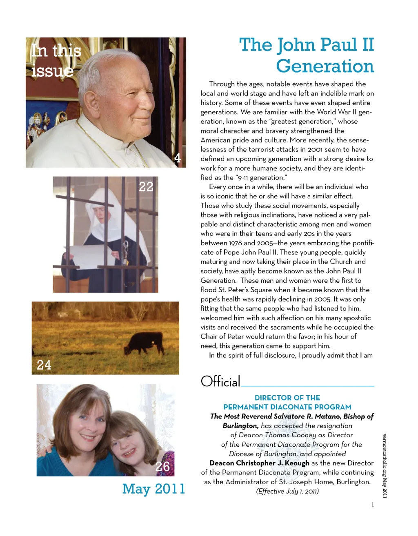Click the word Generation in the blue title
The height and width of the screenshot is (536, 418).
(x=325, y=66)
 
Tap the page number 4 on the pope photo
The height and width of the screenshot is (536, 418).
(x=178, y=158)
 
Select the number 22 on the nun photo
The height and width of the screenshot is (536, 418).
(x=146, y=187)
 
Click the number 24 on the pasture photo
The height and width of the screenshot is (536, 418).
(x=44, y=365)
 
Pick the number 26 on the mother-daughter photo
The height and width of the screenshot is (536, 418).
(x=162, y=466)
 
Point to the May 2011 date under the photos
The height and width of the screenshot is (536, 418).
(x=153, y=489)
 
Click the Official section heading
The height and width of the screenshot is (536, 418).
(x=220, y=382)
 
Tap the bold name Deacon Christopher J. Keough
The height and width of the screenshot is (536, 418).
(x=259, y=463)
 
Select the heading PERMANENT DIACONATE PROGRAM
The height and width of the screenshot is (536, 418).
(x=287, y=407)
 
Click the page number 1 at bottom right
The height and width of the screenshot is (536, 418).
(x=373, y=505)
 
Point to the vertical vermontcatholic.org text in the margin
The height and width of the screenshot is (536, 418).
(x=385, y=465)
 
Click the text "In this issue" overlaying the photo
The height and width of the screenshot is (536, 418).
(x=55, y=60)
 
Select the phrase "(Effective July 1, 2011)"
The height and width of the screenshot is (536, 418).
(x=287, y=491)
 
